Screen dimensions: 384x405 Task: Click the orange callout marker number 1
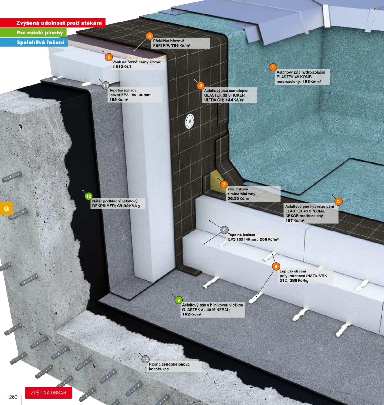[273, 67]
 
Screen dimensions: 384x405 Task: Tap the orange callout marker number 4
[150, 36]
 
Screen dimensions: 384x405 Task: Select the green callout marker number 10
[89, 196]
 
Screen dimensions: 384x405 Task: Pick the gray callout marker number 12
[145, 359]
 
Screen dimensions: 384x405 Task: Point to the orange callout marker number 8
[276, 267]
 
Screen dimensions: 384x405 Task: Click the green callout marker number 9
[178, 300]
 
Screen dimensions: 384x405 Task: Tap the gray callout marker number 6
[224, 230]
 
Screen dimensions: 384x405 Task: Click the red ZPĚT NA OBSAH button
[49, 393]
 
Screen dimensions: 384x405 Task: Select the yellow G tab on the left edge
[6, 208]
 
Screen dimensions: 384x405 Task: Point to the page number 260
[13, 397]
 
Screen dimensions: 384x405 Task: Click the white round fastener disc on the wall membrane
[190, 121]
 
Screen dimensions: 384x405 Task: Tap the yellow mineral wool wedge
[217, 182]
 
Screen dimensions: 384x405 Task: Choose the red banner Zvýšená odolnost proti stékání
[53, 23]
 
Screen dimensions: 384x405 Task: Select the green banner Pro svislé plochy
[33, 33]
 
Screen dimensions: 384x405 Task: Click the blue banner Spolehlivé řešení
[34, 42]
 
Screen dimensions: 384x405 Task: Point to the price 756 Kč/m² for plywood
[181, 46]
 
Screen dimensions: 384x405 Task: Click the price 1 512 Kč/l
[122, 66]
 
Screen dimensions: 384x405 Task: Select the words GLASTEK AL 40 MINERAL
[206, 310]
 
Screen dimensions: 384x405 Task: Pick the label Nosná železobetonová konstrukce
[169, 367]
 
